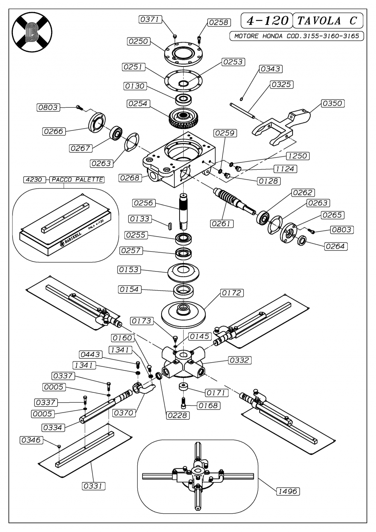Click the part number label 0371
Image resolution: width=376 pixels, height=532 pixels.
click(x=150, y=19)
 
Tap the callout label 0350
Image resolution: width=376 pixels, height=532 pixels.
click(x=333, y=103)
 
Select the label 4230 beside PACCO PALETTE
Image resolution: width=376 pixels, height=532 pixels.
click(x=34, y=180)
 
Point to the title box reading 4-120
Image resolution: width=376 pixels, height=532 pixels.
click(x=267, y=21)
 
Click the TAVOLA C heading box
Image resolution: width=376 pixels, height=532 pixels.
click(x=328, y=21)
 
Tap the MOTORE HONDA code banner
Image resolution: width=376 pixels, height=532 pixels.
click(x=296, y=36)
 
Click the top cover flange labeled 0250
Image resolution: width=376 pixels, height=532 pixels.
click(x=184, y=54)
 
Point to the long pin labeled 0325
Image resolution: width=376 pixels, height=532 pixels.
click(x=242, y=111)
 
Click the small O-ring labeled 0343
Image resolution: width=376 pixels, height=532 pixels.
click(x=241, y=99)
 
